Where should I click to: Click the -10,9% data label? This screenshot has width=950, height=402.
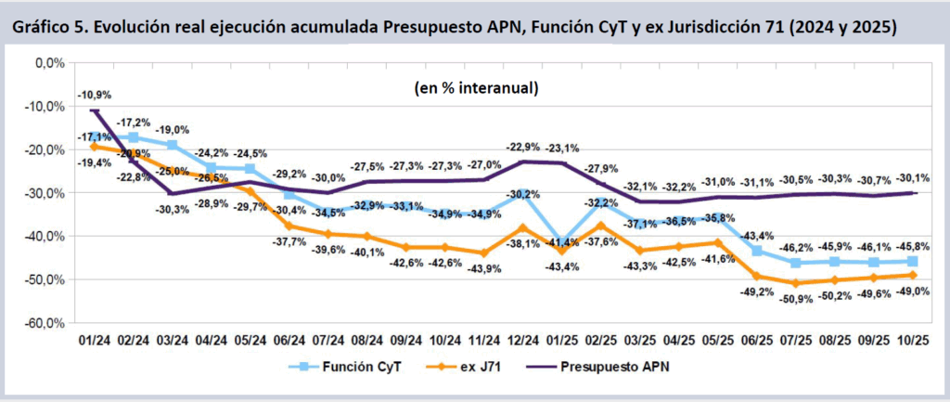[x=95, y=94]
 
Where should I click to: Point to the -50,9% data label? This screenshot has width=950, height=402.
[x=796, y=298]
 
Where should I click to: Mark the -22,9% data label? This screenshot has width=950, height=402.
[x=523, y=148]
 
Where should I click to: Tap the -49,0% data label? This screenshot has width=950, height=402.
[x=913, y=291]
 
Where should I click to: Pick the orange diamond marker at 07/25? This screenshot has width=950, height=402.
[x=796, y=282]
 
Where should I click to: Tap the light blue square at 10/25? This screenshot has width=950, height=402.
[x=913, y=261]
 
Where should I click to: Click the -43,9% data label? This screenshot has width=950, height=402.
[x=484, y=268]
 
